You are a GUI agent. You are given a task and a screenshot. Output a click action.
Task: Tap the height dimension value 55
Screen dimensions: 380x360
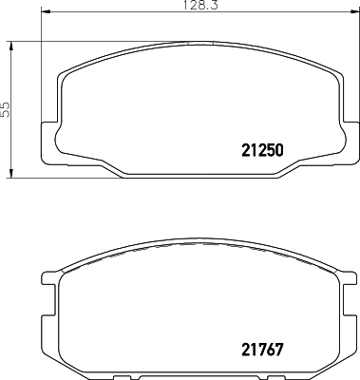(x=6, y=109)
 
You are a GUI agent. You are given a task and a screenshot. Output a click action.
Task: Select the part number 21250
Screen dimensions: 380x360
(x=261, y=148)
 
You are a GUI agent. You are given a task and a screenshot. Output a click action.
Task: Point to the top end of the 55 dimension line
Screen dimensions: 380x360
(x=12, y=42)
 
